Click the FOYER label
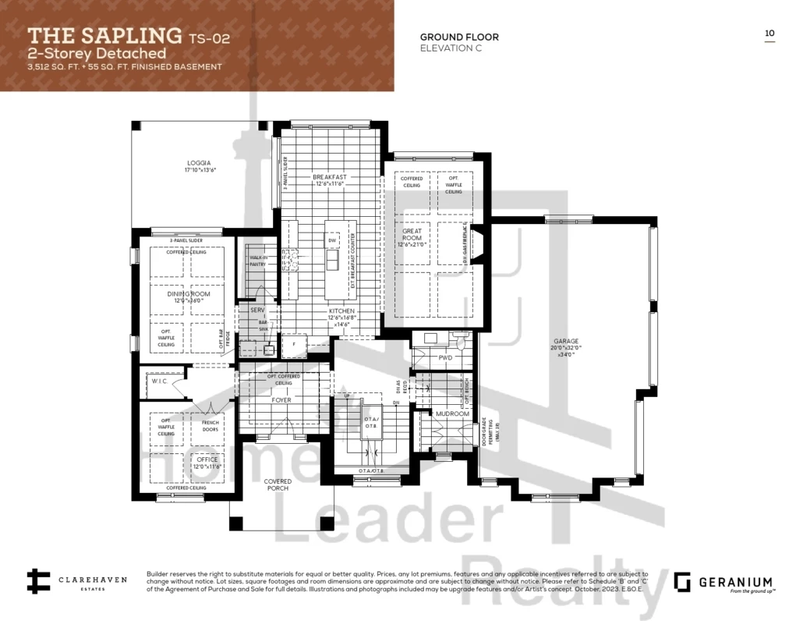(x=281, y=400)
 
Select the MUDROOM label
(x=453, y=413)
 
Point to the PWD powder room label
(x=445, y=358)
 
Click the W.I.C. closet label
(x=160, y=381)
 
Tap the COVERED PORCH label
(x=278, y=484)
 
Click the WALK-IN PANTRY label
(x=258, y=261)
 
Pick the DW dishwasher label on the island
(x=332, y=241)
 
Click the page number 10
(x=769, y=34)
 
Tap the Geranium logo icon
(x=682, y=582)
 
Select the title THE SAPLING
(x=104, y=35)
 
